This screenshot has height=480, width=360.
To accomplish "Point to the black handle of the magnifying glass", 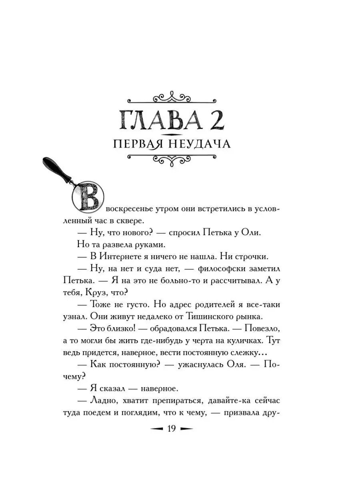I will click(x=56, y=168).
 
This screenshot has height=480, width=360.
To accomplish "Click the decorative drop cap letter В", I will click(x=88, y=197).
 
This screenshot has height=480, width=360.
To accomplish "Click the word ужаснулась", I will click(x=194, y=364).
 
